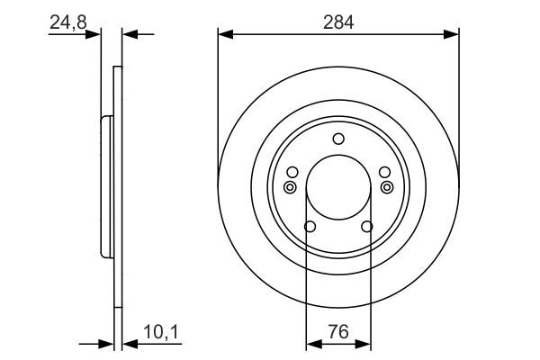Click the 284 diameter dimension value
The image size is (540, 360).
point(338,22)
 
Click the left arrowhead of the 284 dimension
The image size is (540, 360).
point(225,35)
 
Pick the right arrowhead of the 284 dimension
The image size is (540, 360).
point(453,35)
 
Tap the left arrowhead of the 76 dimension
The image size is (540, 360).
point(312,343)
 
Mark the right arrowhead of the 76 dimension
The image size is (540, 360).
point(364,343)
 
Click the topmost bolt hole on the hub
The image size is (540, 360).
point(338,138)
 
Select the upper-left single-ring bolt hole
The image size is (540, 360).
point(292,172)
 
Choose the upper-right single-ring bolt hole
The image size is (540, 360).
point(384,172)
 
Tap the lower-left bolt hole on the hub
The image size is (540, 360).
point(310,227)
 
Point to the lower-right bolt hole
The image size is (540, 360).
point(366,227)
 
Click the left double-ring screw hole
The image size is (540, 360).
point(290,187)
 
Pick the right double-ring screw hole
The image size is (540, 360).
point(387,187)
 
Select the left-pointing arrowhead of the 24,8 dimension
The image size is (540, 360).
point(128,35)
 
